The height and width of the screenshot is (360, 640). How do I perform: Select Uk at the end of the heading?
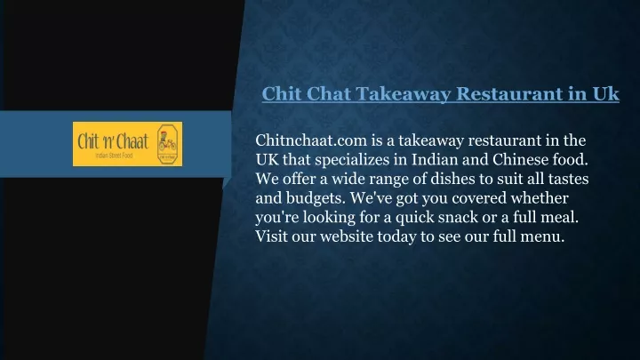click(x=605, y=93)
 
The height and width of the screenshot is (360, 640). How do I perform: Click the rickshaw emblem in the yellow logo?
click(x=167, y=144)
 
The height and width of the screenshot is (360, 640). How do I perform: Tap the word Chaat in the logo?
click(x=132, y=141)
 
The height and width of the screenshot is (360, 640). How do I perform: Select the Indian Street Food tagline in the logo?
click(x=114, y=156)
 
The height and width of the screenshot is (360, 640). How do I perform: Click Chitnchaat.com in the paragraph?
click(x=311, y=140)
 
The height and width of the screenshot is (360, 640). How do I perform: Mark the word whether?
click(x=540, y=198)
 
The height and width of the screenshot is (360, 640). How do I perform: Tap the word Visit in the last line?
click(x=271, y=236)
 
